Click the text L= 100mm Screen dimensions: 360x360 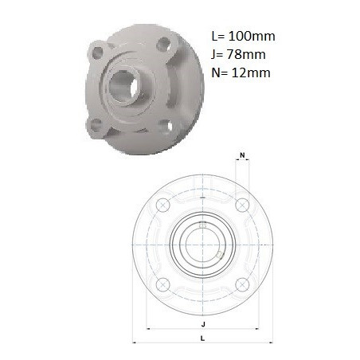(x=243, y=36)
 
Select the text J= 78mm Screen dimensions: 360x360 (x=238, y=54)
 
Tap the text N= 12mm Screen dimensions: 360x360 (x=241, y=72)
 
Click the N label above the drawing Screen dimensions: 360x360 (x=242, y=155)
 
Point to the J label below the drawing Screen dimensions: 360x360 (x=203, y=324)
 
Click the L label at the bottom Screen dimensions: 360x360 (x=203, y=338)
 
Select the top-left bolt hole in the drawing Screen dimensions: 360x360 (x=163, y=205)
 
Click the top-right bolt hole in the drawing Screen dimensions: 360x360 (x=242, y=205)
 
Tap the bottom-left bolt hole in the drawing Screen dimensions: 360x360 (x=163, y=284)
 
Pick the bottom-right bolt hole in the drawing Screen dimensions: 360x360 (x=242, y=284)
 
